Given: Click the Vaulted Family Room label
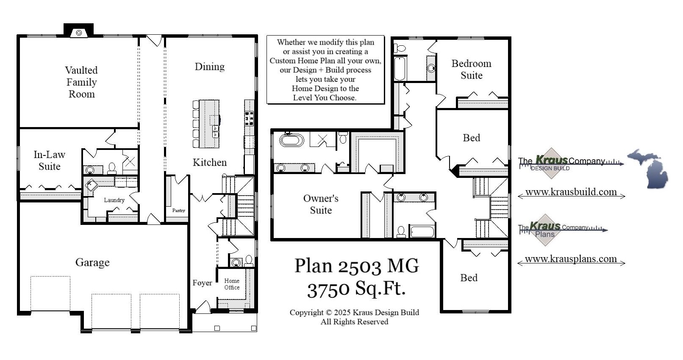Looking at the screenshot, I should pos(81,82).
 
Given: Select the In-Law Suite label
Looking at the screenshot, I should pos(50,161).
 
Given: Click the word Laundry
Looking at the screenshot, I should pos(114,200).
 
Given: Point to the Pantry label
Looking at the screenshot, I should pos(178,210).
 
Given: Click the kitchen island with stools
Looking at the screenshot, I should pos(209,124).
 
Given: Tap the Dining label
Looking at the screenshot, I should pos(209,66).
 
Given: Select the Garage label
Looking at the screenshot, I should pos(92,262).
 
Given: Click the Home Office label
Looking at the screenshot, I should pos(232,284).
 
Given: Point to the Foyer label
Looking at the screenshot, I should pos(202,283).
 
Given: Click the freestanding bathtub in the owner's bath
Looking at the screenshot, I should pos(292,140).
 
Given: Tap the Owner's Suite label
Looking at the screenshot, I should pos(321,204).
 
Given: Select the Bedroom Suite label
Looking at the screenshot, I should pos(471,69).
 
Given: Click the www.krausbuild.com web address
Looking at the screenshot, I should pos(571,192).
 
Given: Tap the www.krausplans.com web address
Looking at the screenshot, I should pos(571,259).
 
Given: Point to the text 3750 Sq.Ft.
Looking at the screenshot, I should pos(356,289).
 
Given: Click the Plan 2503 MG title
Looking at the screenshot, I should pos(356,266).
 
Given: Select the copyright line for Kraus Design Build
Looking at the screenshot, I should pos(354,313).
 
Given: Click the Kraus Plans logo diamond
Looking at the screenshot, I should pos(544,230).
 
